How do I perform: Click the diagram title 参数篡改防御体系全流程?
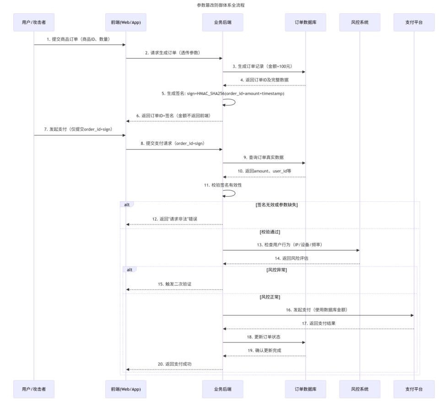tap(224, 5)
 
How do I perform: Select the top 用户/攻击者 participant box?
tap(34, 22)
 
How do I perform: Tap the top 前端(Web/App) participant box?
tap(126, 22)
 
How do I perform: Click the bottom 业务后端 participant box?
tap(222, 389)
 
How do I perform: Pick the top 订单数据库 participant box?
tap(305, 22)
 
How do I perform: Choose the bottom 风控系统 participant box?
tap(360, 389)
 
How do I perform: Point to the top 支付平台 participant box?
tap(414, 22)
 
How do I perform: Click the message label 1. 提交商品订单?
tap(78, 39)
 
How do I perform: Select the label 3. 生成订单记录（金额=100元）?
tap(262, 66)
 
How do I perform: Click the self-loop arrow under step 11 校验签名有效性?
tap(230, 193)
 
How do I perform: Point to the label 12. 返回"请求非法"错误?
tap(174, 219)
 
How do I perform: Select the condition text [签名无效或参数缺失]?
tap(276, 205)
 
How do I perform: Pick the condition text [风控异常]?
tap(276, 270)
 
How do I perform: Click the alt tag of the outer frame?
tap(126, 204)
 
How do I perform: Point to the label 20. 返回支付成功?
tap(174, 364)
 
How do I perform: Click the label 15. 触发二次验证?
tap(174, 284)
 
